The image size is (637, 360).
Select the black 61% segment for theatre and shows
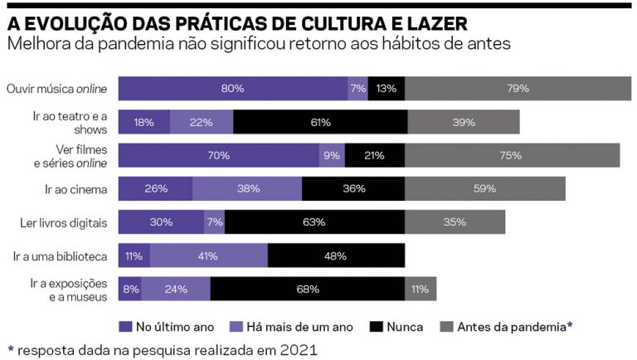(x=320, y=122)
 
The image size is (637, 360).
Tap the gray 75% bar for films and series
(x=511, y=155)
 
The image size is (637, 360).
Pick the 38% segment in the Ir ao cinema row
(x=247, y=188)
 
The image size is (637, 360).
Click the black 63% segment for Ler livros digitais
(x=314, y=221)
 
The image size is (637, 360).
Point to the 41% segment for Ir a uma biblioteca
(x=209, y=255)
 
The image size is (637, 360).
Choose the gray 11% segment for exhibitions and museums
(x=420, y=289)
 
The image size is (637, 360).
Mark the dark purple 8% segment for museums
(x=130, y=289)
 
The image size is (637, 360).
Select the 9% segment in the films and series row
(x=332, y=155)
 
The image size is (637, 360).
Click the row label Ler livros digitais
(x=65, y=222)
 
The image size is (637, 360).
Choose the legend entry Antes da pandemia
(x=508, y=327)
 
